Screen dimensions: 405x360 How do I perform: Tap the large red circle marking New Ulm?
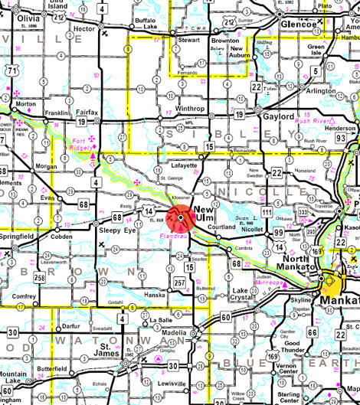point(182,218)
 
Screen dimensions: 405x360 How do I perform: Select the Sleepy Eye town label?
point(113,228)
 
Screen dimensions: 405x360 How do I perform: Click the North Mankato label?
point(304,263)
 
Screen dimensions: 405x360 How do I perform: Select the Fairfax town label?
point(86,112)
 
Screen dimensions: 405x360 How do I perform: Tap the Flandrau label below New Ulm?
point(178,236)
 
